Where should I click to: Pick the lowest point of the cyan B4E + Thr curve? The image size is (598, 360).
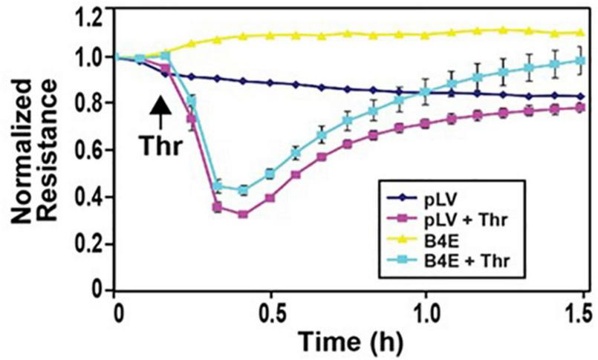(242, 191)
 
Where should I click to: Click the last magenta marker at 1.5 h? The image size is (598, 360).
(582, 108)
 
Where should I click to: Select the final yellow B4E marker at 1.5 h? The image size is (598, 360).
(582, 33)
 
